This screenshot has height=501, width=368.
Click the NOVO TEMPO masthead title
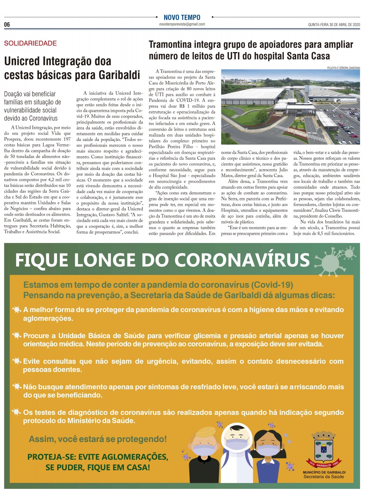click(182, 17)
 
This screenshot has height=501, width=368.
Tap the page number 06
click(7, 25)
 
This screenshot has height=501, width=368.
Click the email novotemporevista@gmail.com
click(182, 24)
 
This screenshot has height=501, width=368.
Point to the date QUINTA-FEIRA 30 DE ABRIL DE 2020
click(334, 25)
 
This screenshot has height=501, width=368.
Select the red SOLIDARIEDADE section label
click(30, 43)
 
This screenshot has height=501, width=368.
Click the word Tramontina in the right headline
click(170, 44)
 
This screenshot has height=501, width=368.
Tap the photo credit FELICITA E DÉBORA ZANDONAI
click(343, 68)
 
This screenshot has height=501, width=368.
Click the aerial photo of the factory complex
click(290, 107)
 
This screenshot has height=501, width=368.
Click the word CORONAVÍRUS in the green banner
click(242, 260)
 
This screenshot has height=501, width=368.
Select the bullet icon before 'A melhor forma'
click(16, 309)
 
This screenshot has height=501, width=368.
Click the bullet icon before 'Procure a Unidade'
click(16, 335)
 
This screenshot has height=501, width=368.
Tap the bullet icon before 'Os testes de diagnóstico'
click(16, 412)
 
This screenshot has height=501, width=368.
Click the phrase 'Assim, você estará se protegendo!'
click(98, 439)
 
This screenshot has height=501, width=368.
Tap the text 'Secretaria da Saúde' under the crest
click(323, 477)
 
